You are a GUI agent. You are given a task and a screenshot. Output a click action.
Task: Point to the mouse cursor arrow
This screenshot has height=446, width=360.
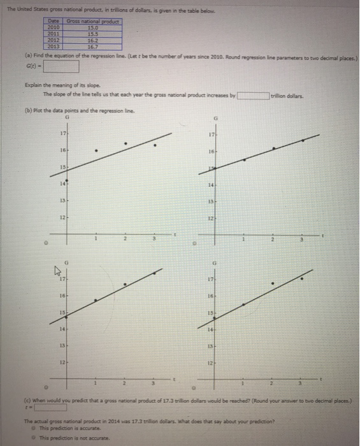point(55,270)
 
